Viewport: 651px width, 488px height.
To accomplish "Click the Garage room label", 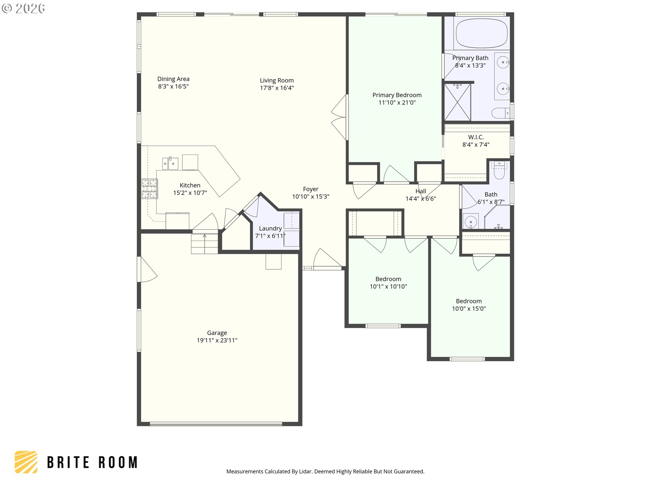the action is tap(217, 333).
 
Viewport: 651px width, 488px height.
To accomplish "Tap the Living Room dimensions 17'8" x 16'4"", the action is tap(277, 88).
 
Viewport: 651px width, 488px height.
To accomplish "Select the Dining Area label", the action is tap(173, 79).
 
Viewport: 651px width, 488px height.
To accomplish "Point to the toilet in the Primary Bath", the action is tap(500, 113).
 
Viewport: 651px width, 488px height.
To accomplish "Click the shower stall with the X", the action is tap(457, 102).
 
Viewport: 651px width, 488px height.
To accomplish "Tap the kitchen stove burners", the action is tap(150, 189).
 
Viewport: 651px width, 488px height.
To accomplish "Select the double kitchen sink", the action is tap(170, 163).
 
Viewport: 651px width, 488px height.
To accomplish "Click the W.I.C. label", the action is tap(476, 137).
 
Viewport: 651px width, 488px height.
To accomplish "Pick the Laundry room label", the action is tap(270, 228).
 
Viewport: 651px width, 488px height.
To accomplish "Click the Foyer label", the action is tap(311, 189).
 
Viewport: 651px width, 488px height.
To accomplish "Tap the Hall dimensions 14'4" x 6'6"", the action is tap(421, 199).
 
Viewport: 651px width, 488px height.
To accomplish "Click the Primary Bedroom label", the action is tap(397, 95).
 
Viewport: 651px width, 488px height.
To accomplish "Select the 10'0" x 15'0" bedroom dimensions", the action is tap(469, 308).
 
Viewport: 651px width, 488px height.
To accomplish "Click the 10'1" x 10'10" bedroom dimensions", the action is tap(388, 286).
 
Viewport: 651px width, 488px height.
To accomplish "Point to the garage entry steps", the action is tap(204, 243).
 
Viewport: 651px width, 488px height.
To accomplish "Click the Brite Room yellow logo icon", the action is tap(26, 462).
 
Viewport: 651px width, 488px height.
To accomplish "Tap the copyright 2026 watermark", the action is tap(23, 8).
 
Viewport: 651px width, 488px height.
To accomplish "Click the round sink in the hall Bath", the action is tap(471, 222).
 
